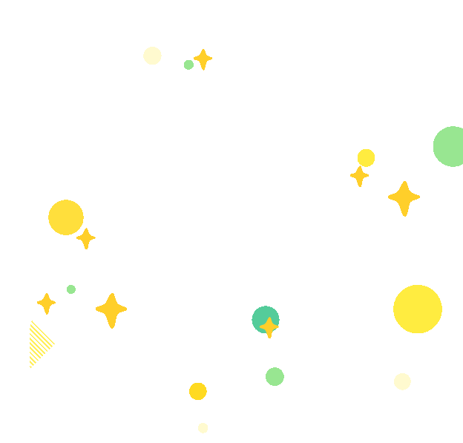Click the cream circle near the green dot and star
[152, 56]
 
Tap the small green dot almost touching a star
[188, 65]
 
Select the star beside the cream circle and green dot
[203, 59]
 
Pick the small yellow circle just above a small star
[366, 157]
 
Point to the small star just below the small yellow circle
[359, 176]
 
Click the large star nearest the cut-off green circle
[404, 198]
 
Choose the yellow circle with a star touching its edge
[65, 217]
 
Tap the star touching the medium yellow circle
[86, 238]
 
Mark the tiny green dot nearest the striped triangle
[71, 289]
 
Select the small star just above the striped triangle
[46, 303]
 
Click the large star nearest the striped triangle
[111, 310]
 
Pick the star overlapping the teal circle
[269, 326]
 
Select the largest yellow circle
[417, 309]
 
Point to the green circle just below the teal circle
[275, 376]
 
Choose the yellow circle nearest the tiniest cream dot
[197, 391]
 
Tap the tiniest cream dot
[203, 427]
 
